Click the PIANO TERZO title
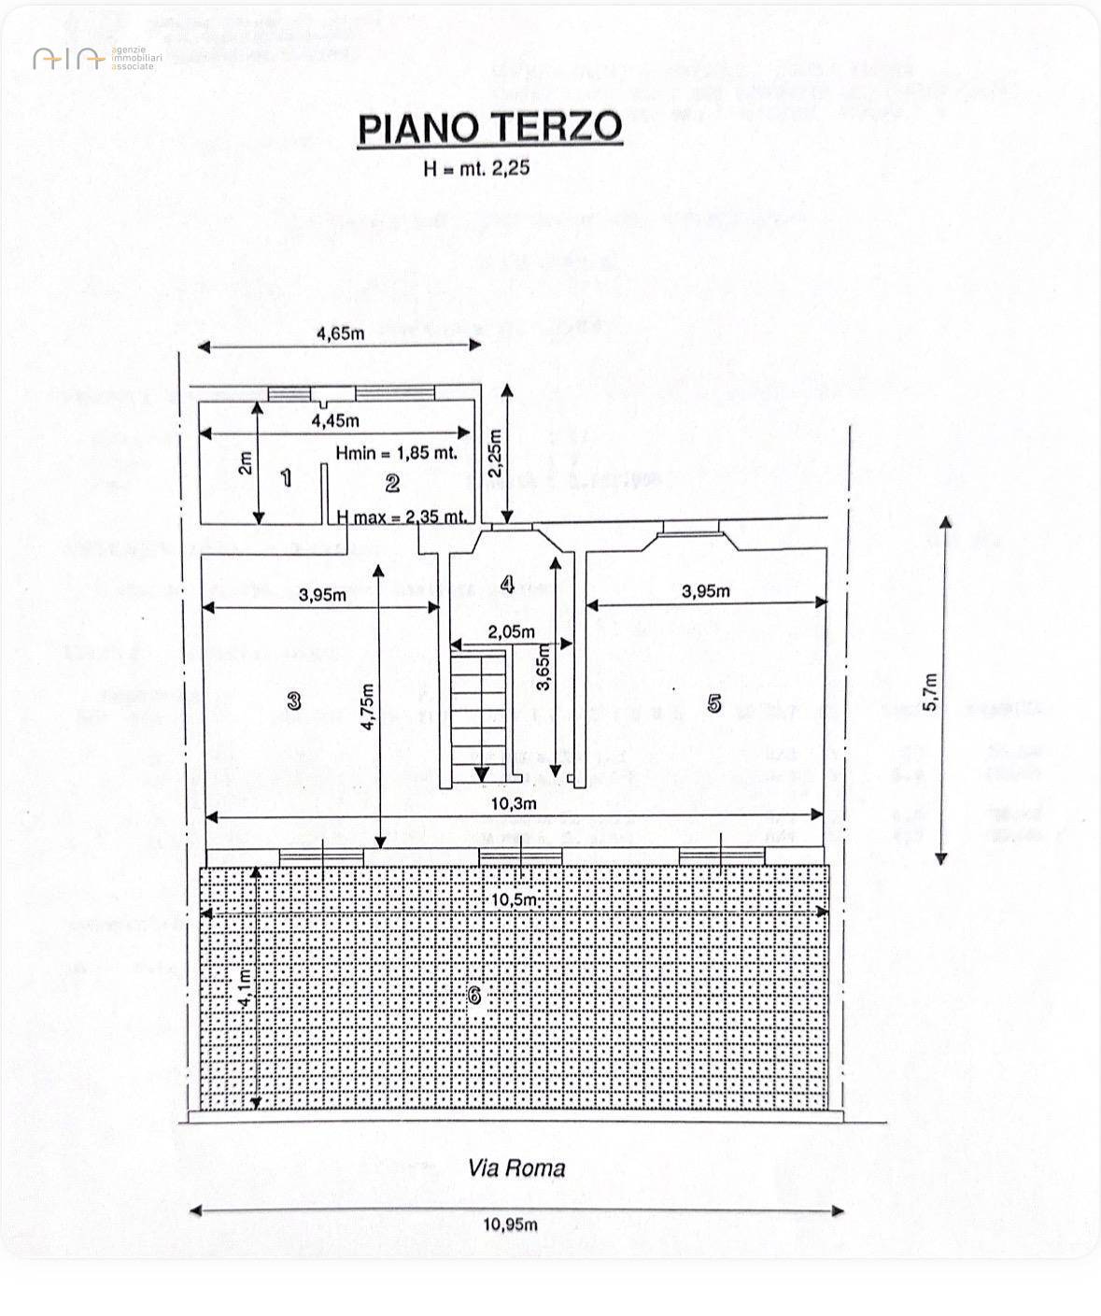[490, 128]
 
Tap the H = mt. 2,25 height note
[476, 168]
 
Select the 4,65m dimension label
[340, 333]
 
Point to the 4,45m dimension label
[335, 421]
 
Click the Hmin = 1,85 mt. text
[397, 453]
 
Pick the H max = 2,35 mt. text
[402, 516]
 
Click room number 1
[287, 478]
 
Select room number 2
[392, 483]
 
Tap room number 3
[294, 700]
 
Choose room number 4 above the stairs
[507, 585]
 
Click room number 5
[714, 703]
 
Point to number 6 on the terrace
[474, 997]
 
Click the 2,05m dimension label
[512, 632]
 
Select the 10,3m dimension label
[515, 803]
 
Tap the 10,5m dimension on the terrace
[515, 899]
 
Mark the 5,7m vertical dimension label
[930, 692]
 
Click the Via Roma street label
[516, 1167]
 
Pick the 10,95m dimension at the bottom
[511, 1224]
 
